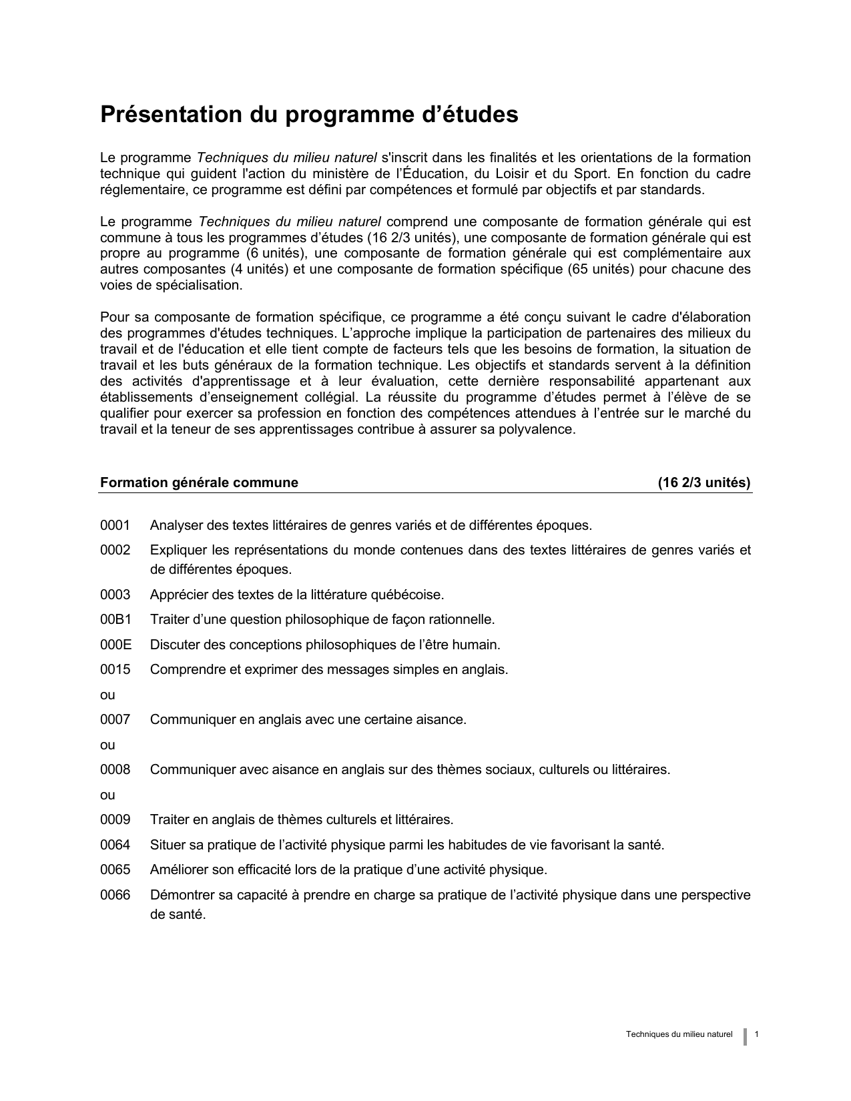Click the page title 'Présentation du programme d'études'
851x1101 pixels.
[309, 115]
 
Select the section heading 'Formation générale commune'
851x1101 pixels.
[199, 482]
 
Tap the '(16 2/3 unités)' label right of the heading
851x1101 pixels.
[704, 482]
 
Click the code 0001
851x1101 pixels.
[115, 525]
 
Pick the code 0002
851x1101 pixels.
[115, 550]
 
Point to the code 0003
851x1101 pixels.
[115, 595]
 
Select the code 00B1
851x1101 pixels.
[115, 619]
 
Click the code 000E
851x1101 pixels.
[115, 645]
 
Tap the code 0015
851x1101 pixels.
[115, 669]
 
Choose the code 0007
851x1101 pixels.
[115, 719]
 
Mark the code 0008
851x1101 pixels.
[115, 769]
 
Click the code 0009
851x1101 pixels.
[115, 819]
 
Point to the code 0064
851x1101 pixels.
[115, 845]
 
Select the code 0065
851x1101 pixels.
[115, 870]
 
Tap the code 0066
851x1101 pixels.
[115, 895]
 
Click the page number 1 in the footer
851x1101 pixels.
[756, 1034]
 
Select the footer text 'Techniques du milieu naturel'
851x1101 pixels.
[679, 1034]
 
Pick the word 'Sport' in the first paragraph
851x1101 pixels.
[590, 174]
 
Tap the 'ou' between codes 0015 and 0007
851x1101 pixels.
[107, 695]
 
